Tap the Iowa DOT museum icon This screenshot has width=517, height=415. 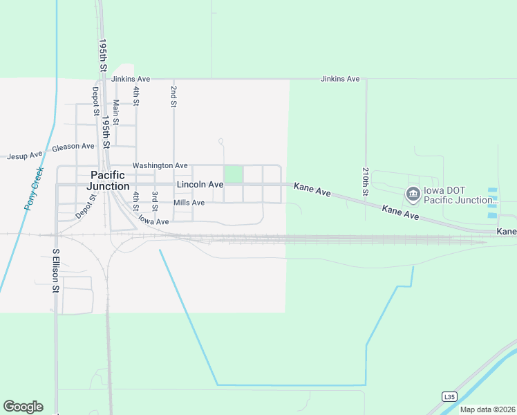pyautogui.click(x=413, y=194)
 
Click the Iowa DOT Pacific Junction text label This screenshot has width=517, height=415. pyautogui.click(x=460, y=195)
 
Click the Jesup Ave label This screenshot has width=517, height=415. pyautogui.click(x=25, y=156)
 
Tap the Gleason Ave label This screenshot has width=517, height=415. pyautogui.click(x=73, y=147)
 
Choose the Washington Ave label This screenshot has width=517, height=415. pyautogui.click(x=160, y=166)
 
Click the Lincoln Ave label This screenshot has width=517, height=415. pyautogui.click(x=200, y=185)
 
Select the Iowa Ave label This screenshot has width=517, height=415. pyautogui.click(x=153, y=221)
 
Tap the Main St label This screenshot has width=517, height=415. pyautogui.click(x=116, y=112)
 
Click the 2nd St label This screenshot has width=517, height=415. pyautogui.click(x=173, y=97)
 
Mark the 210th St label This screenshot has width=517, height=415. pyautogui.click(x=366, y=179)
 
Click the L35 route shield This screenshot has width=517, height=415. pyautogui.click(x=449, y=396)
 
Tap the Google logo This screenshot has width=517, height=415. pyautogui.click(x=23, y=407)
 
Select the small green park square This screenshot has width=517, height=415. pyautogui.click(x=233, y=174)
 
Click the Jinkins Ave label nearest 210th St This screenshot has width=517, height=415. pyautogui.click(x=340, y=80)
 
